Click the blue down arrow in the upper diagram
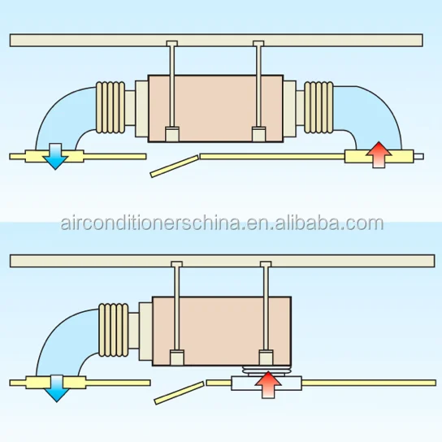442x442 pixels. [55, 157]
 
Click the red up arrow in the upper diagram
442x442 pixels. [379, 154]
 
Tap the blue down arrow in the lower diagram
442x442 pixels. [56, 388]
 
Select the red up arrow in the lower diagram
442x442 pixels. [268, 385]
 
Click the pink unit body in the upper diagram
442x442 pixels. [215, 109]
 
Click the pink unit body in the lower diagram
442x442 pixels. [222, 331]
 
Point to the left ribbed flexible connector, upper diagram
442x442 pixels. [110, 107]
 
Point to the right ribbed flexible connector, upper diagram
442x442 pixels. [318, 107]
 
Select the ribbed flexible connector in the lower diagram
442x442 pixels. [114, 330]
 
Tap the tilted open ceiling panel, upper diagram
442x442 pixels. [175, 166]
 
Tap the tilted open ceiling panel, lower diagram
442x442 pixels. [180, 393]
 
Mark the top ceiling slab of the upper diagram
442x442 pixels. [216, 41]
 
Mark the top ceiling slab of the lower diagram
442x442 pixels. [223, 261]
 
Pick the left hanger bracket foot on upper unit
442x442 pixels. [172, 134]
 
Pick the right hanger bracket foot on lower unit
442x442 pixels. [266, 357]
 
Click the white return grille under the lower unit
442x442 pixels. [266, 383]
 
